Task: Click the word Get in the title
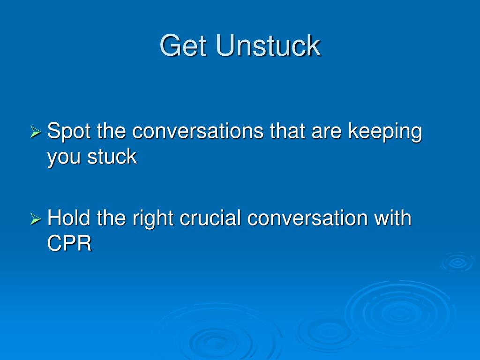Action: click(184, 46)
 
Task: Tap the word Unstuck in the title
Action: click(268, 46)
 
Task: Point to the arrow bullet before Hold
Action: click(36, 219)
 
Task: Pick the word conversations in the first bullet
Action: click(198, 131)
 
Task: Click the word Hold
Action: click(70, 218)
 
